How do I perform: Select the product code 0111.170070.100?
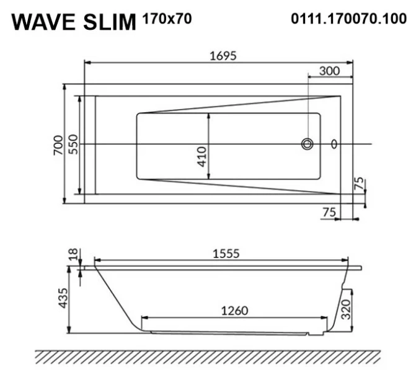tap(348, 19)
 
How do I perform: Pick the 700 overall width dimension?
tap(58, 144)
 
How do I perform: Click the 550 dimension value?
tap(73, 144)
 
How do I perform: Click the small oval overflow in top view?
tap(335, 144)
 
